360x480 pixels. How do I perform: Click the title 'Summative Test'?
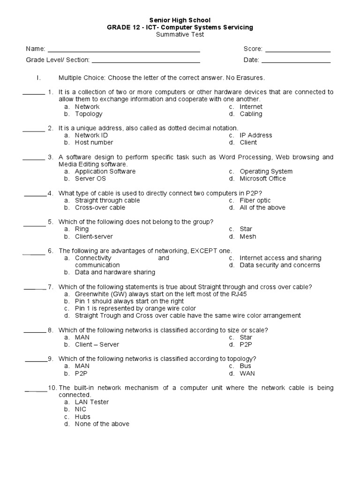[180, 34]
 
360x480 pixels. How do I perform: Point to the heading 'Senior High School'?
[180, 20]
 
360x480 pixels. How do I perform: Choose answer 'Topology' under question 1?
[89, 114]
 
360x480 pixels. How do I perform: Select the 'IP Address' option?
[255, 135]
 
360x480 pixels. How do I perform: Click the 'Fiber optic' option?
[255, 201]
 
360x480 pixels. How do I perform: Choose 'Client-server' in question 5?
[94, 237]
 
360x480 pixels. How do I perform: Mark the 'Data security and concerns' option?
[280, 265]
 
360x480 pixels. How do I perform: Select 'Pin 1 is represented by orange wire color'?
[135, 308]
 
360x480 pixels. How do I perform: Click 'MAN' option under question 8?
[82, 337]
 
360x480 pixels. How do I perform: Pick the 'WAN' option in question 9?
[247, 374]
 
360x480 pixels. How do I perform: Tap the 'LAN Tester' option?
[92, 402]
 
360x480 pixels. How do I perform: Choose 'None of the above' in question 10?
[102, 424]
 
